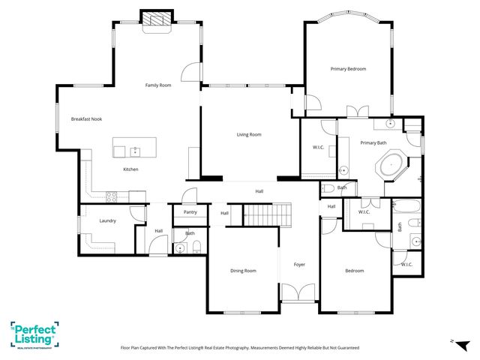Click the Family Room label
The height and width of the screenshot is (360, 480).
[158, 85]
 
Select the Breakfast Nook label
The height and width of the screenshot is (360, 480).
[86, 119]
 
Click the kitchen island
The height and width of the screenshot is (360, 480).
[134, 148]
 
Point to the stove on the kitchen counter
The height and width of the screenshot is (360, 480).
[111, 197]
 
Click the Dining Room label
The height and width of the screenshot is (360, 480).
[243, 271]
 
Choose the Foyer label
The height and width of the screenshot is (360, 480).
[299, 264]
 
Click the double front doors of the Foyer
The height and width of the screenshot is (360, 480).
[299, 292]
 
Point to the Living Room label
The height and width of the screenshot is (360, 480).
[249, 134]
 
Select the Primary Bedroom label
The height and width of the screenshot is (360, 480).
[349, 69]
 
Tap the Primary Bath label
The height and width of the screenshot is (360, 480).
[373, 142]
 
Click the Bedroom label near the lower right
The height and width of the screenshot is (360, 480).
[354, 271]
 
